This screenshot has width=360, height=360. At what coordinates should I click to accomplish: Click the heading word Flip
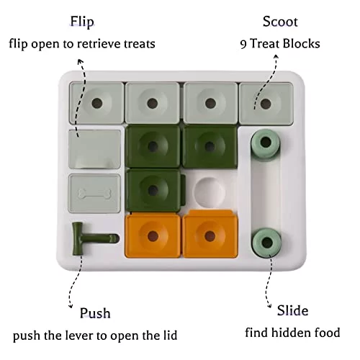[82, 22]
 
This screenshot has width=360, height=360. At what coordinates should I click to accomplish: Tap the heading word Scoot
[280, 22]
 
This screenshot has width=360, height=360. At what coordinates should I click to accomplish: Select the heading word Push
[95, 313]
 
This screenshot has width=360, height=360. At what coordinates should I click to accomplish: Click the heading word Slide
[292, 310]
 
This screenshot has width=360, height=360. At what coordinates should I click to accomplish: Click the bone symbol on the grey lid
[94, 194]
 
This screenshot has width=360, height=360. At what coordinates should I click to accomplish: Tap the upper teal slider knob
[266, 143]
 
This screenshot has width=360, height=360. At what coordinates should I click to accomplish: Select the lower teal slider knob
[266, 243]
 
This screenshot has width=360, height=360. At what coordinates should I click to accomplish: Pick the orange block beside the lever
[153, 235]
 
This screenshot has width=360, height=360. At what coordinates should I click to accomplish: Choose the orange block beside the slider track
[210, 234]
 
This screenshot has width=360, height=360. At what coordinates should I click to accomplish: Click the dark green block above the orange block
[153, 190]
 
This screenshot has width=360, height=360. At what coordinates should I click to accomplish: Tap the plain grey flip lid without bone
[94, 149]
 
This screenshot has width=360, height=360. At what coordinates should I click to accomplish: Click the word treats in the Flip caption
[140, 44]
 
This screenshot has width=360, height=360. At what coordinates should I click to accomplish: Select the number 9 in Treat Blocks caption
[243, 45]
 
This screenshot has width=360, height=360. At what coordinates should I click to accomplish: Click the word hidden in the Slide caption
[289, 333]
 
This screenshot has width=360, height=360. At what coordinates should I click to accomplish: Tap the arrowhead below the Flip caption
[81, 61]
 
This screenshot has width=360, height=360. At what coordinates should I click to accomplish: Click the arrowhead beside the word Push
[71, 305]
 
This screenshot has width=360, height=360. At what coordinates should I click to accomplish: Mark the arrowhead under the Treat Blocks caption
[276, 57]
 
